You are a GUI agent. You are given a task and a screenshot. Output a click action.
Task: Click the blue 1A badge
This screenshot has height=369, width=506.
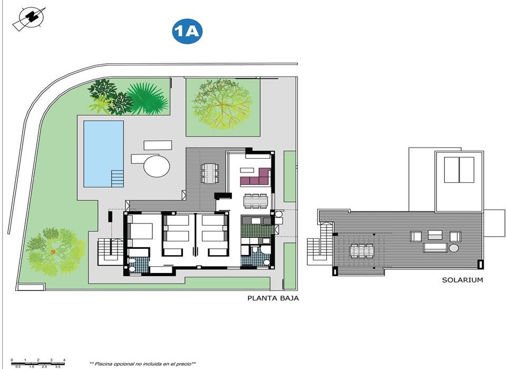pyautogui.click(x=188, y=32)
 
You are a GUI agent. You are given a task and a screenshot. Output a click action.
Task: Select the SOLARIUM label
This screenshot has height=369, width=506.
pyautogui.click(x=462, y=280)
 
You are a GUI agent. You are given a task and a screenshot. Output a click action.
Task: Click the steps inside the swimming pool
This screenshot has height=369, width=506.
pyautogui.click(x=116, y=178)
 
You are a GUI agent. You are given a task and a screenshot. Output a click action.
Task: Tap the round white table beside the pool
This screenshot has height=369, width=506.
pyautogui.click(x=157, y=166)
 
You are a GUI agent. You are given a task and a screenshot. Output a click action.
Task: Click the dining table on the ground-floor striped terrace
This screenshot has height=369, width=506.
pyautogui.click(x=209, y=172)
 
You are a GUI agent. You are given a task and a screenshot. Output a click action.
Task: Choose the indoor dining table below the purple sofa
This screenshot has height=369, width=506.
pyautogui.click(x=256, y=200)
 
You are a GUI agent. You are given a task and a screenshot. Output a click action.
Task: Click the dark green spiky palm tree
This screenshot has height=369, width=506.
pyautogui.click(x=146, y=99)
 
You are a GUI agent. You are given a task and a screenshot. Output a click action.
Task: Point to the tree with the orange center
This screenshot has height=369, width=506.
pyautogui.click(x=53, y=252)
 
